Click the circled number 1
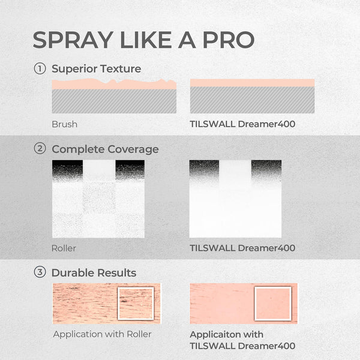(x=40, y=68)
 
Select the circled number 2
(x=40, y=149)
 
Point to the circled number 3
(x=40, y=272)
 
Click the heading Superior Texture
(x=96, y=68)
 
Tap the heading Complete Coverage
(x=105, y=149)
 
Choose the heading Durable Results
(x=94, y=272)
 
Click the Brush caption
(x=64, y=125)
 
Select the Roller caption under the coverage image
(x=64, y=247)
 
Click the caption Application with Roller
(x=102, y=334)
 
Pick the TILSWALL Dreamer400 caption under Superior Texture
(x=242, y=125)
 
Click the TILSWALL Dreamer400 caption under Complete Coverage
(x=242, y=247)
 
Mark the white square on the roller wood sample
(x=136, y=304)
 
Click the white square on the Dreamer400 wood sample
(x=272, y=304)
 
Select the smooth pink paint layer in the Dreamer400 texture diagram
(x=252, y=83)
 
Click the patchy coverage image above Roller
(x=98, y=199)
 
